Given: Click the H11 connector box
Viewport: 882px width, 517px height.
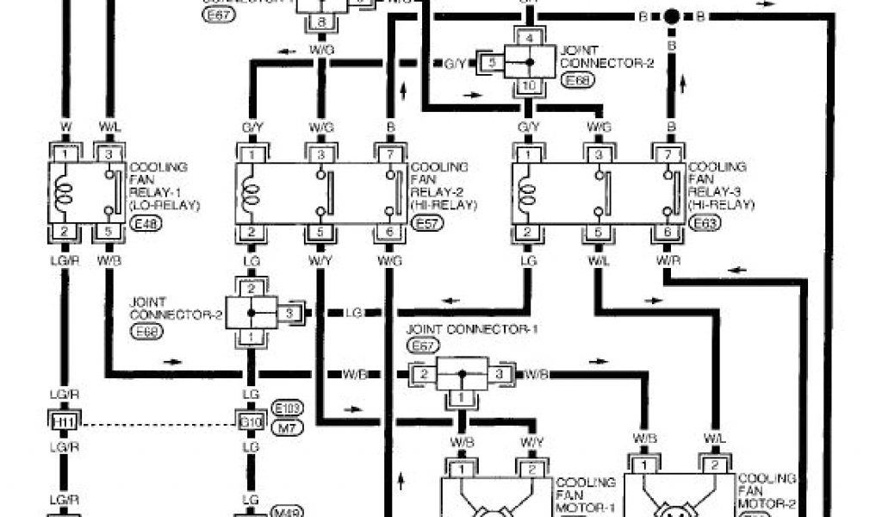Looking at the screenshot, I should coord(63,421).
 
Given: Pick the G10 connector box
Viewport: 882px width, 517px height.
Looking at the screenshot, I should coord(250,421).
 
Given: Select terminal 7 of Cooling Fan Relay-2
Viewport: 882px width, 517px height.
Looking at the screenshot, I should coord(389,153).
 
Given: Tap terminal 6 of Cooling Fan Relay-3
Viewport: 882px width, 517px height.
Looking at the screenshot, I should coord(666,233).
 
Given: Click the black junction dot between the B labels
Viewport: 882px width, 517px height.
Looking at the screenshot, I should coord(671,16).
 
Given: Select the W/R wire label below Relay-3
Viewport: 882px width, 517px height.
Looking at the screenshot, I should coord(666,259).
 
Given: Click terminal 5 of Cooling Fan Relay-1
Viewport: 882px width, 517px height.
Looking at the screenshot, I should coord(108,233).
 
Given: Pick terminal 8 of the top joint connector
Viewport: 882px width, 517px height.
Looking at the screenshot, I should coord(321,23).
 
